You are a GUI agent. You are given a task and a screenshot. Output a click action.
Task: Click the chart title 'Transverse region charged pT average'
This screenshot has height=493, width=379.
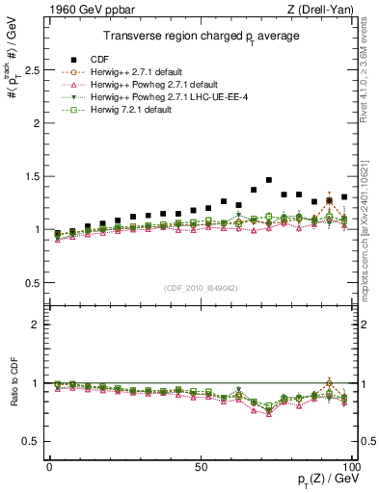pyautogui.click(x=202, y=37)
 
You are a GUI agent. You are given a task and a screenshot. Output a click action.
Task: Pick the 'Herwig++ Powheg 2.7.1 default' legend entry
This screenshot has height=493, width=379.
pyautogui.click(x=143, y=84)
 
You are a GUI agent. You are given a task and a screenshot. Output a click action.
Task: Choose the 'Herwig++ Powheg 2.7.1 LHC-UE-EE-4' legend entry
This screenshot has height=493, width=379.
pyautogui.click(x=158, y=97)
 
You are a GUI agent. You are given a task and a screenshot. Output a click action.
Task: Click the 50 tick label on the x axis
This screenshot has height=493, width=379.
pyautogui.click(x=200, y=466)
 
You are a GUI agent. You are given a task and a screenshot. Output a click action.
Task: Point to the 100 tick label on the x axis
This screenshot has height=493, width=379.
pyautogui.click(x=349, y=466)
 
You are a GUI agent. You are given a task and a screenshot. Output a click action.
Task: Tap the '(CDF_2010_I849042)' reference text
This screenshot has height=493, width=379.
pyautogui.click(x=202, y=287)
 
